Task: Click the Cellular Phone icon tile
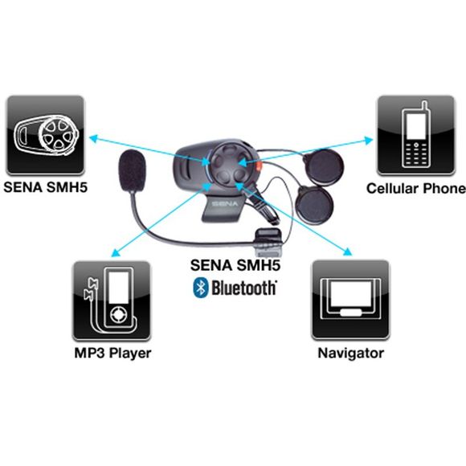click(x=415, y=135)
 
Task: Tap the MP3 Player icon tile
click(x=112, y=300)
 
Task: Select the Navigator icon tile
click(x=350, y=300)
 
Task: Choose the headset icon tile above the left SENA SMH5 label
click(x=46, y=135)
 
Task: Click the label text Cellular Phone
click(x=416, y=189)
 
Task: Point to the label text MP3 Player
click(x=112, y=354)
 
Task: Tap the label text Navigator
click(x=350, y=354)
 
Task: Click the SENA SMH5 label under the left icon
click(x=46, y=187)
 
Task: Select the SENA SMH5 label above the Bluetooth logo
click(x=235, y=265)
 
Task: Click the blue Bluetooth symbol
click(x=201, y=288)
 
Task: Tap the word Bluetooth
click(x=244, y=288)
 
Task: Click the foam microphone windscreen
click(x=133, y=171)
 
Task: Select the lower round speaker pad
click(x=314, y=205)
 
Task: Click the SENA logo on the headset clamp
click(x=225, y=203)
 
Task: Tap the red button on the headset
click(x=260, y=166)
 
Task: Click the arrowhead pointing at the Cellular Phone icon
click(x=369, y=140)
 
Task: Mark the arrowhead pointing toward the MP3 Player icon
click(x=116, y=252)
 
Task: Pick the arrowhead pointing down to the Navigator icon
click(x=348, y=251)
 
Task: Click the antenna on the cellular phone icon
click(x=425, y=105)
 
